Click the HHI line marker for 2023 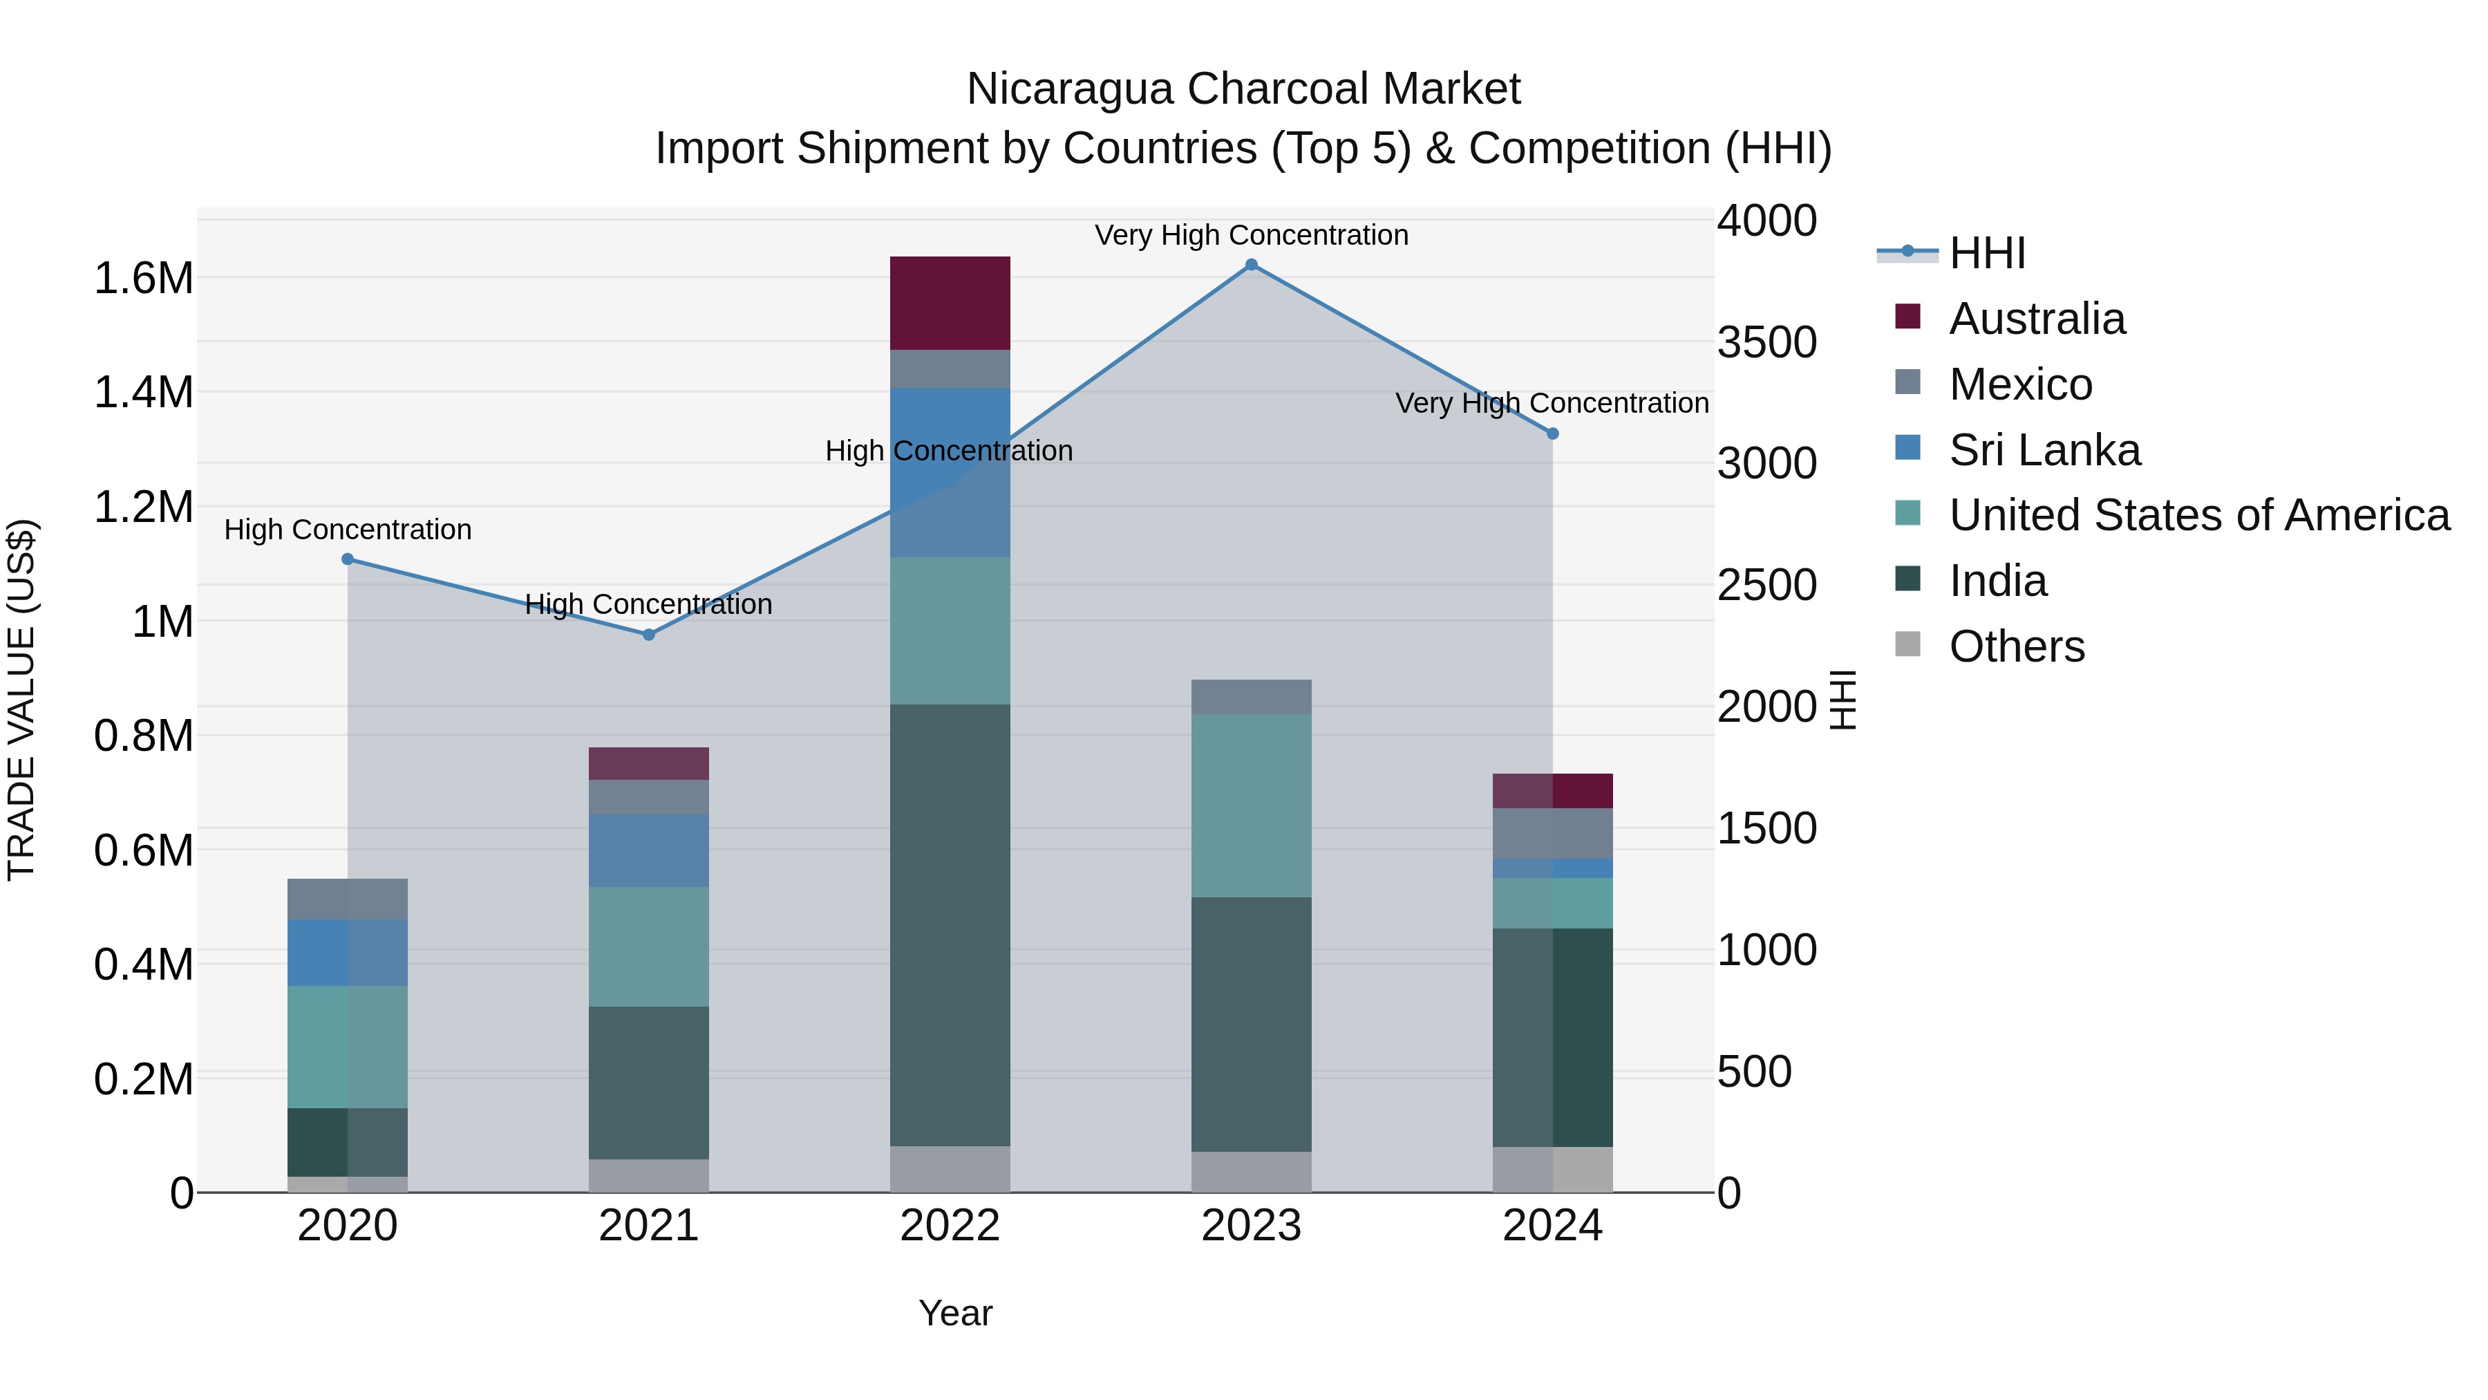[x=1251, y=265]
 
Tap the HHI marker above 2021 [x=649, y=635]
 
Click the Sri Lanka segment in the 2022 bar [x=950, y=472]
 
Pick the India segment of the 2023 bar [x=1251, y=1024]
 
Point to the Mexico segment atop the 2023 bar [x=1251, y=697]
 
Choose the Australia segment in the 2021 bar [x=649, y=763]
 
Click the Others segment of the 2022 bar [x=950, y=1169]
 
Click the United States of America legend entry [x=2198, y=515]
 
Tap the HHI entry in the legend [x=1987, y=253]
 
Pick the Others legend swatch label [x=2016, y=646]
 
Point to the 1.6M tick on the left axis [x=143, y=278]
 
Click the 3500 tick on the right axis [x=1766, y=342]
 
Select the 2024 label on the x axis [x=1552, y=1226]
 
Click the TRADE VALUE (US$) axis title [x=22, y=700]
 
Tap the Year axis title [x=955, y=1313]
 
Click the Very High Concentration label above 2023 [x=1251, y=235]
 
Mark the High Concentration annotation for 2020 [x=348, y=530]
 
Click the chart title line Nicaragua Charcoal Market [x=1243, y=89]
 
